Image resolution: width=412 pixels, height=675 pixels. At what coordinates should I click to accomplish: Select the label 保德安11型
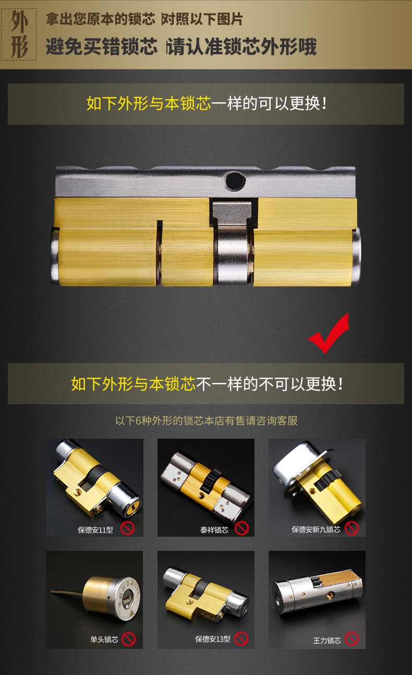pyautogui.click(x=95, y=530)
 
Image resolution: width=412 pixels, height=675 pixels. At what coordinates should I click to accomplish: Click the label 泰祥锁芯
pyautogui.click(x=214, y=530)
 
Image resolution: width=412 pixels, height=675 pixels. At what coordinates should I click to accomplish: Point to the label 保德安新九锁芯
pyautogui.click(x=316, y=529)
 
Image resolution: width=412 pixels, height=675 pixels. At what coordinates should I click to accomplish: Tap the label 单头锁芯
pyautogui.click(x=104, y=639)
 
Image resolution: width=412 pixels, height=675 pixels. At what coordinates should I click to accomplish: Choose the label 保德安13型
pyautogui.click(x=213, y=639)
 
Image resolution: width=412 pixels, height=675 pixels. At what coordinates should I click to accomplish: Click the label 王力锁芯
pyautogui.click(x=327, y=640)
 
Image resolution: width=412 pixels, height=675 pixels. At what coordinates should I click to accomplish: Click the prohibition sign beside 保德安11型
pyautogui.click(x=128, y=528)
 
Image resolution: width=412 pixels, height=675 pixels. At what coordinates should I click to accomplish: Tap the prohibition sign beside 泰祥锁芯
pyautogui.click(x=241, y=528)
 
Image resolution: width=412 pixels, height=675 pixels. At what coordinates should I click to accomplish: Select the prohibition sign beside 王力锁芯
pyautogui.click(x=352, y=638)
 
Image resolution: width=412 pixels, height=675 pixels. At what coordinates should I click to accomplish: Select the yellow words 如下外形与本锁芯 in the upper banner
pyautogui.click(x=149, y=103)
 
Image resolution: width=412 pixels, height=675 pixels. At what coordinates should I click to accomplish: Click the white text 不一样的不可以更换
pyautogui.click(x=269, y=384)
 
